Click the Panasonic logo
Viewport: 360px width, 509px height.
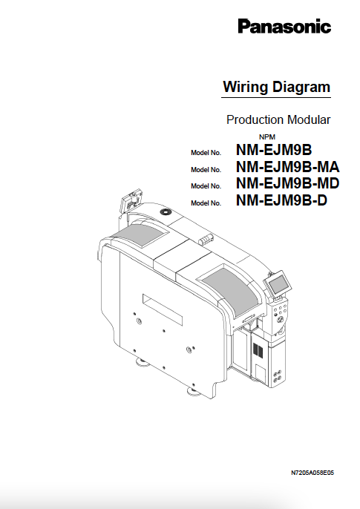click(284, 27)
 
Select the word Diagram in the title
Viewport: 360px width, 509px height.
click(302, 87)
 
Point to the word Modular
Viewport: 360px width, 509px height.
click(310, 119)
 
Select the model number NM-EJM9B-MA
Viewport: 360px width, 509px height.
click(287, 166)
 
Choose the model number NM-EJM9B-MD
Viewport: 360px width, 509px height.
click(287, 183)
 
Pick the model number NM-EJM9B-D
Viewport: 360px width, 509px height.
click(281, 200)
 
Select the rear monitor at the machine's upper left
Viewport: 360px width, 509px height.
click(132, 202)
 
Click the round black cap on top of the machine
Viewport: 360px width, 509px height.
click(164, 211)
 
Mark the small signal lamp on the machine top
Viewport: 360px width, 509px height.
click(206, 240)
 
